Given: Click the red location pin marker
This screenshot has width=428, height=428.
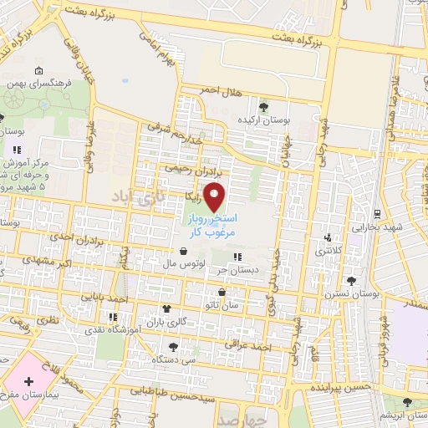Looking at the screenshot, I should coord(216,197).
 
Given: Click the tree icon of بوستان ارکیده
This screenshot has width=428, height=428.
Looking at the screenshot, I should coord(264,106).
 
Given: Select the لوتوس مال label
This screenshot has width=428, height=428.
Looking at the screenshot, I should coord(178,263).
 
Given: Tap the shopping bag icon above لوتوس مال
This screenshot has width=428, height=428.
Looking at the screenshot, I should coord(183,251).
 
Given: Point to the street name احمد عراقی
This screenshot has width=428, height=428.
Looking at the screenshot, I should coord(256,345).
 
